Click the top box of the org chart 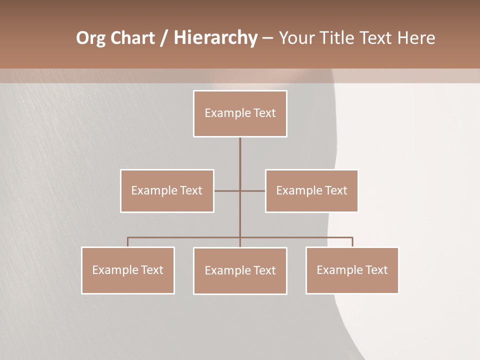click(x=240, y=113)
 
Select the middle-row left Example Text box click(x=167, y=190)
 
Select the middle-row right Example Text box click(x=311, y=190)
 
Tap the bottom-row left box click(x=128, y=270)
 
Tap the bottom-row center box click(x=240, y=270)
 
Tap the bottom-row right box click(x=352, y=270)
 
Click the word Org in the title click(x=90, y=38)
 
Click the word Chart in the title click(x=132, y=38)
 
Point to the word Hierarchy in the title click(x=215, y=38)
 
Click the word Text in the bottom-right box click(x=376, y=270)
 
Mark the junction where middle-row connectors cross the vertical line click(x=240, y=190)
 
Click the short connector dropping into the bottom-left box click(x=128, y=242)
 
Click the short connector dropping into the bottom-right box click(x=352, y=242)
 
